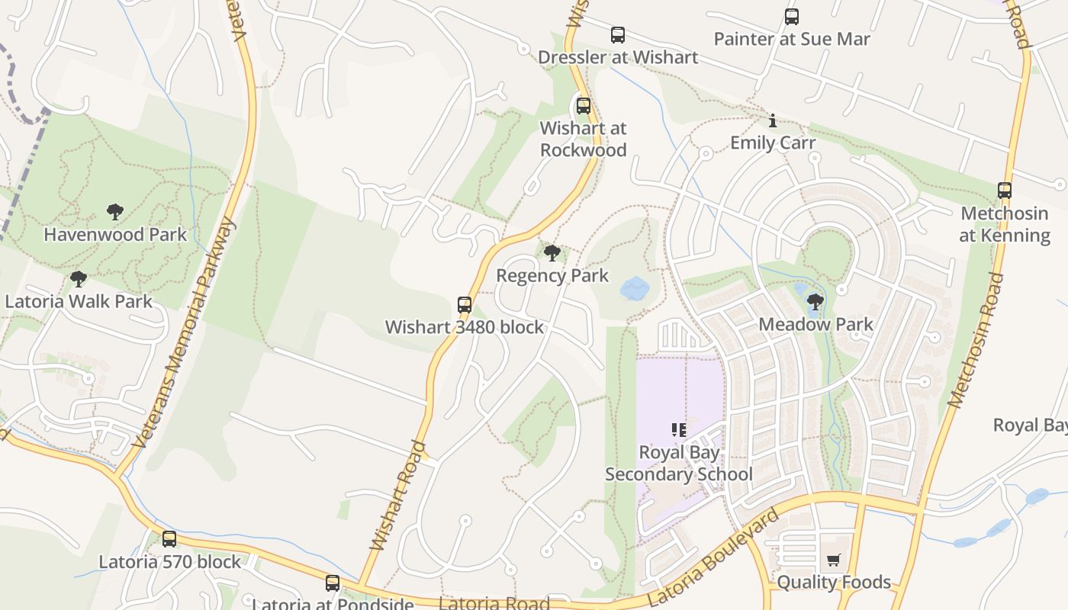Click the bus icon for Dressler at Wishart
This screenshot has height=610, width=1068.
point(618,35)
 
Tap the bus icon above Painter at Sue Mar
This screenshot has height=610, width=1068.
point(792,17)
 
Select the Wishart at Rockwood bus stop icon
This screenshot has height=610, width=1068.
point(584,106)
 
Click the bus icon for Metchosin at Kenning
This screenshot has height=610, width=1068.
point(1005,191)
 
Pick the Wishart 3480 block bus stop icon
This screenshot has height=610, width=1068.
point(465,305)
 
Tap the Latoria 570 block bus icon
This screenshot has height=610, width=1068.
point(169,539)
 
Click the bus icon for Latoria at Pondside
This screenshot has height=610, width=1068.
point(333,583)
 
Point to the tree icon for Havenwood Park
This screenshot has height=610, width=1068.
point(115,212)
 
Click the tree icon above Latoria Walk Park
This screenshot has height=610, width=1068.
point(78,279)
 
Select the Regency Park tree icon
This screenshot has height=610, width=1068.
point(552,253)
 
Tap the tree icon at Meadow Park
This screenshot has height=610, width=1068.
point(815,302)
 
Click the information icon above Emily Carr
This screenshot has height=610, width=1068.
point(773,120)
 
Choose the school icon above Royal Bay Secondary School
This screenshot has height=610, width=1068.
point(679,430)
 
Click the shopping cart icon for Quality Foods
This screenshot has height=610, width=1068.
point(834,560)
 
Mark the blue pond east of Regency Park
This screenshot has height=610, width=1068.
point(635,288)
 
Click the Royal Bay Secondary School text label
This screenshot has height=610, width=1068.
point(679,464)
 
